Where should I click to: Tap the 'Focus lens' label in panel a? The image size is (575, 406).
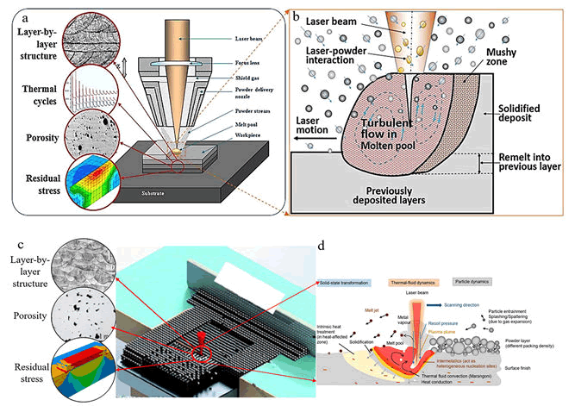pyautogui.click(x=250, y=62)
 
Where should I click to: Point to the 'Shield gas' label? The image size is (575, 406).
pyautogui.click(x=248, y=76)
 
